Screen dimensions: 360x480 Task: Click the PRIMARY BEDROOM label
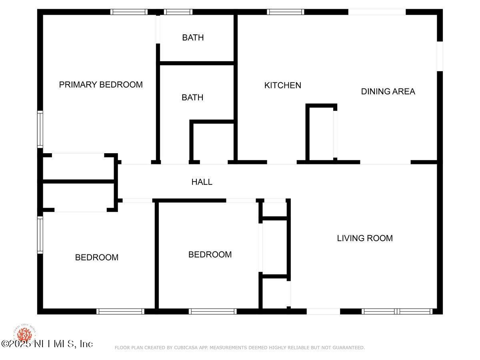pos(101,85)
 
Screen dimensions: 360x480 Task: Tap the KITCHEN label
pos(282,85)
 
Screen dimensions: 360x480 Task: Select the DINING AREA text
pos(388,91)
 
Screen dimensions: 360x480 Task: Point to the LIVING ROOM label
pos(365,238)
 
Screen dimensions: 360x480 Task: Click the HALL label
pos(202,182)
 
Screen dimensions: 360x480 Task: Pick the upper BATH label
pos(193,38)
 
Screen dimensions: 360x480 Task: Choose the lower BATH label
pos(192,98)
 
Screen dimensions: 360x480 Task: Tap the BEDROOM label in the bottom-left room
pos(97,258)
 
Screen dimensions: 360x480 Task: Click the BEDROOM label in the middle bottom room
pos(210,255)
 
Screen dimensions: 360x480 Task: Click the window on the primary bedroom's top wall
pos(129,12)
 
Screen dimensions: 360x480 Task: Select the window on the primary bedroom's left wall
pos(40,129)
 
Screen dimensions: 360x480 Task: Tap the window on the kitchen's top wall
pos(286,12)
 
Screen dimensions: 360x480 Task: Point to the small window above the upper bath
pos(178,12)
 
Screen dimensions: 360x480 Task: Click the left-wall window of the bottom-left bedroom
pos(40,235)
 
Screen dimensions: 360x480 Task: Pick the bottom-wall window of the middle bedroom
pos(212,311)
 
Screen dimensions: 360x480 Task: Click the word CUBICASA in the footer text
pos(185,348)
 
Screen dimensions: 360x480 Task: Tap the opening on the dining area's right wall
pos(440,56)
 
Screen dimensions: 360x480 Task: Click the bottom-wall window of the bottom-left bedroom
pos(120,311)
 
